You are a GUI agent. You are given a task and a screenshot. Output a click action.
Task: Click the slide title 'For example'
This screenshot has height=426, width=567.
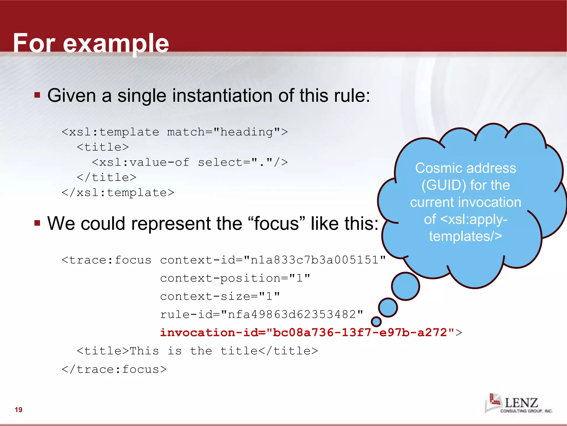[91, 43]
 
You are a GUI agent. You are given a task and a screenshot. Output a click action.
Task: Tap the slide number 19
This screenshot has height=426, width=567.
[19, 410]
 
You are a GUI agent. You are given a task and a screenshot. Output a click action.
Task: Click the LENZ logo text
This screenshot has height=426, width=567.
[521, 402]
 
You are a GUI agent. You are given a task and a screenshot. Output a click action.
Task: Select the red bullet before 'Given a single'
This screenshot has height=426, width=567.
[37, 95]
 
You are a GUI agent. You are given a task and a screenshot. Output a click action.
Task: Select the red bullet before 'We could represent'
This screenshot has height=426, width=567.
[37, 223]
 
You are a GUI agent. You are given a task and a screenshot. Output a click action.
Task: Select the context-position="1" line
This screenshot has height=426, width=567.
[235, 278]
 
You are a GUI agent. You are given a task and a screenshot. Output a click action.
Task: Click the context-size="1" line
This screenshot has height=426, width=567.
[220, 296]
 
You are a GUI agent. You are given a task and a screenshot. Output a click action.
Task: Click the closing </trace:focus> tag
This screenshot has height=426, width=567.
[114, 369]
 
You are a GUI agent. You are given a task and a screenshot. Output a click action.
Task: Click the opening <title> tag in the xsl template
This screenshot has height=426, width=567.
[103, 147]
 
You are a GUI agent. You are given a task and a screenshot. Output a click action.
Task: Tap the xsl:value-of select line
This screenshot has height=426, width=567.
[190, 162]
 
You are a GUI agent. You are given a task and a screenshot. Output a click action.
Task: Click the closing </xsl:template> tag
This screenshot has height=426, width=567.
[118, 192]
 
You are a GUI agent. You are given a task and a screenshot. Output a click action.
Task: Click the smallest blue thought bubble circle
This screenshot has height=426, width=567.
[376, 322]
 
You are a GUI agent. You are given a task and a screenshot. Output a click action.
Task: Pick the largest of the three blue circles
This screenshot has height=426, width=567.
[405, 286]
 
